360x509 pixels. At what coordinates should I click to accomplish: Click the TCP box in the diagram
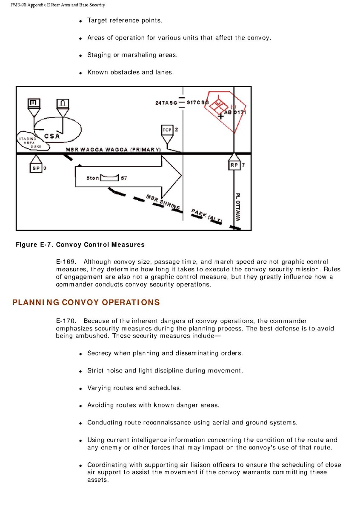click(167, 130)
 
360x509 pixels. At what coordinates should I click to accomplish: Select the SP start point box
click(36, 168)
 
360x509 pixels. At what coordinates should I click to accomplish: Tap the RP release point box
click(234, 165)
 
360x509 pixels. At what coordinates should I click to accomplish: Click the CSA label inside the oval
click(52, 136)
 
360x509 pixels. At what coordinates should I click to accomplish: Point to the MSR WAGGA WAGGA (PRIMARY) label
click(113, 150)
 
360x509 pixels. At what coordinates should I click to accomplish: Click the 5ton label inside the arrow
click(92, 178)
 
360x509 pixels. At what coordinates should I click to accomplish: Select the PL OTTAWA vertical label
click(238, 207)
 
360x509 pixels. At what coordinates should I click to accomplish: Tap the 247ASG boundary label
click(166, 103)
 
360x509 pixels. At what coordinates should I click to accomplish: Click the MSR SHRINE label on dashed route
click(163, 202)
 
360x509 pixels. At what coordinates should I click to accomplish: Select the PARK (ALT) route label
click(206, 216)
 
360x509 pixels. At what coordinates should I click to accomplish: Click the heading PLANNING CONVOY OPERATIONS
click(86, 302)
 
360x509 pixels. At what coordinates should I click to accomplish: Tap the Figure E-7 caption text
click(80, 245)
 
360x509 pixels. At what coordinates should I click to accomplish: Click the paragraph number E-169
click(66, 262)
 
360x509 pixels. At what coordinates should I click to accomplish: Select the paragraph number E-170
click(66, 321)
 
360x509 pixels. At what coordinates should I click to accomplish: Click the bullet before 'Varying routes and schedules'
click(80, 389)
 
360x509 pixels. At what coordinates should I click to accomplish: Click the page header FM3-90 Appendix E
click(58, 5)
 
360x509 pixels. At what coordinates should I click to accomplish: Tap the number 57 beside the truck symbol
click(124, 178)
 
